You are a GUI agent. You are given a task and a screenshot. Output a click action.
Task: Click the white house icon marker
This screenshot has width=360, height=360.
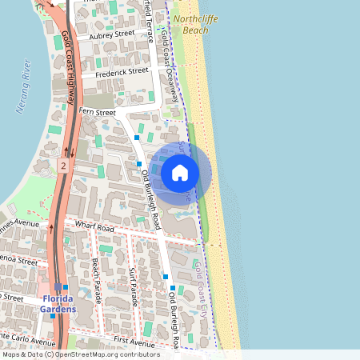[180, 172]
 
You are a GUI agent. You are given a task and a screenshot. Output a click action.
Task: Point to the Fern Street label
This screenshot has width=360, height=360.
[97, 113]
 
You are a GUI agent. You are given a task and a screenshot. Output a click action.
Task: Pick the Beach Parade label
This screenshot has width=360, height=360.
[95, 274]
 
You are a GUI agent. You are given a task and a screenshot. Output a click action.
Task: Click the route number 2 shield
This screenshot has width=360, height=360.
[62, 166]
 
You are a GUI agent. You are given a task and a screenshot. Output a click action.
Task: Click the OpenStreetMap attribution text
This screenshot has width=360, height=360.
[81, 354]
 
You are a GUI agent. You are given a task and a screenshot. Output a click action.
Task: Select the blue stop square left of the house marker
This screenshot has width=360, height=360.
[139, 163]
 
